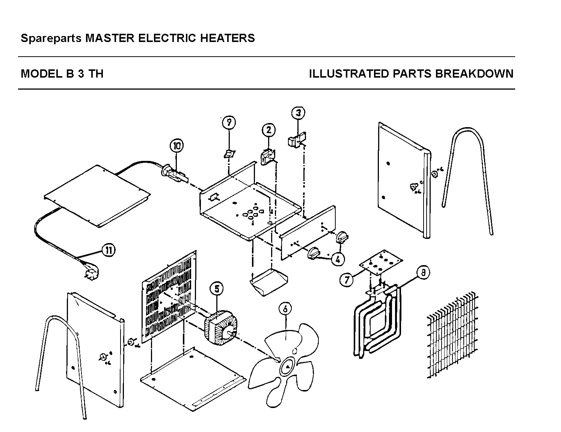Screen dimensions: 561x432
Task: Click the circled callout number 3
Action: (298, 112)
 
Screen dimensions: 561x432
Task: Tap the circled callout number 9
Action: (229, 122)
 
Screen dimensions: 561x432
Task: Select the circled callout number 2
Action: (268, 130)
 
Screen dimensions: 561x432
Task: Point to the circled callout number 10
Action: (176, 146)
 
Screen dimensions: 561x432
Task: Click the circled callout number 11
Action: (109, 250)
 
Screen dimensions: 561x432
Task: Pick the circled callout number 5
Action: (217, 288)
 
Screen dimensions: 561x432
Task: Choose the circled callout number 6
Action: (285, 309)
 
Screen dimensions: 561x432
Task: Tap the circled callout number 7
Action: (347, 280)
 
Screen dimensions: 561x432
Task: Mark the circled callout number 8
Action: (423, 273)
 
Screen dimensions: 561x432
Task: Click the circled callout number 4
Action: (338, 259)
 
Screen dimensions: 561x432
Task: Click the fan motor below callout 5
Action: (221, 327)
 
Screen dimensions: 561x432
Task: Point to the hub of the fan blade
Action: (287, 366)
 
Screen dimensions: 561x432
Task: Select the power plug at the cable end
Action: (91, 271)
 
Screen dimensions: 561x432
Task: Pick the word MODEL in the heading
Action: (42, 74)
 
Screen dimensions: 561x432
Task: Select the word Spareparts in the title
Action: (51, 38)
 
